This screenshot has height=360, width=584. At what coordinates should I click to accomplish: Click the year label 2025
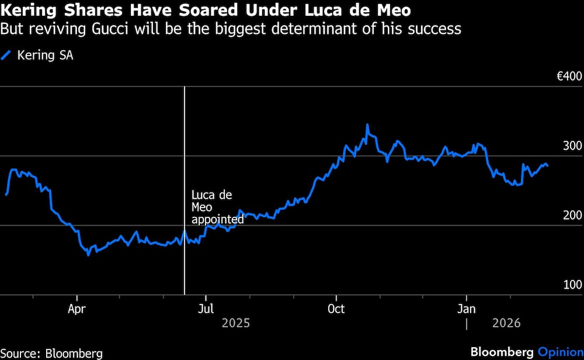235,323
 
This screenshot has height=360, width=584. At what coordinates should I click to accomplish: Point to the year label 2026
507,323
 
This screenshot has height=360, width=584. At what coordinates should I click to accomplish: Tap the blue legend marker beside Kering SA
6,56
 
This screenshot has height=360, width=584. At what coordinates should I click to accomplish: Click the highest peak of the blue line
367,124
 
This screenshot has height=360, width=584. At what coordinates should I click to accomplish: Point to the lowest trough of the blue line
88,255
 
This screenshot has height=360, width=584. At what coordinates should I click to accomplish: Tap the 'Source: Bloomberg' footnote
51,353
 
